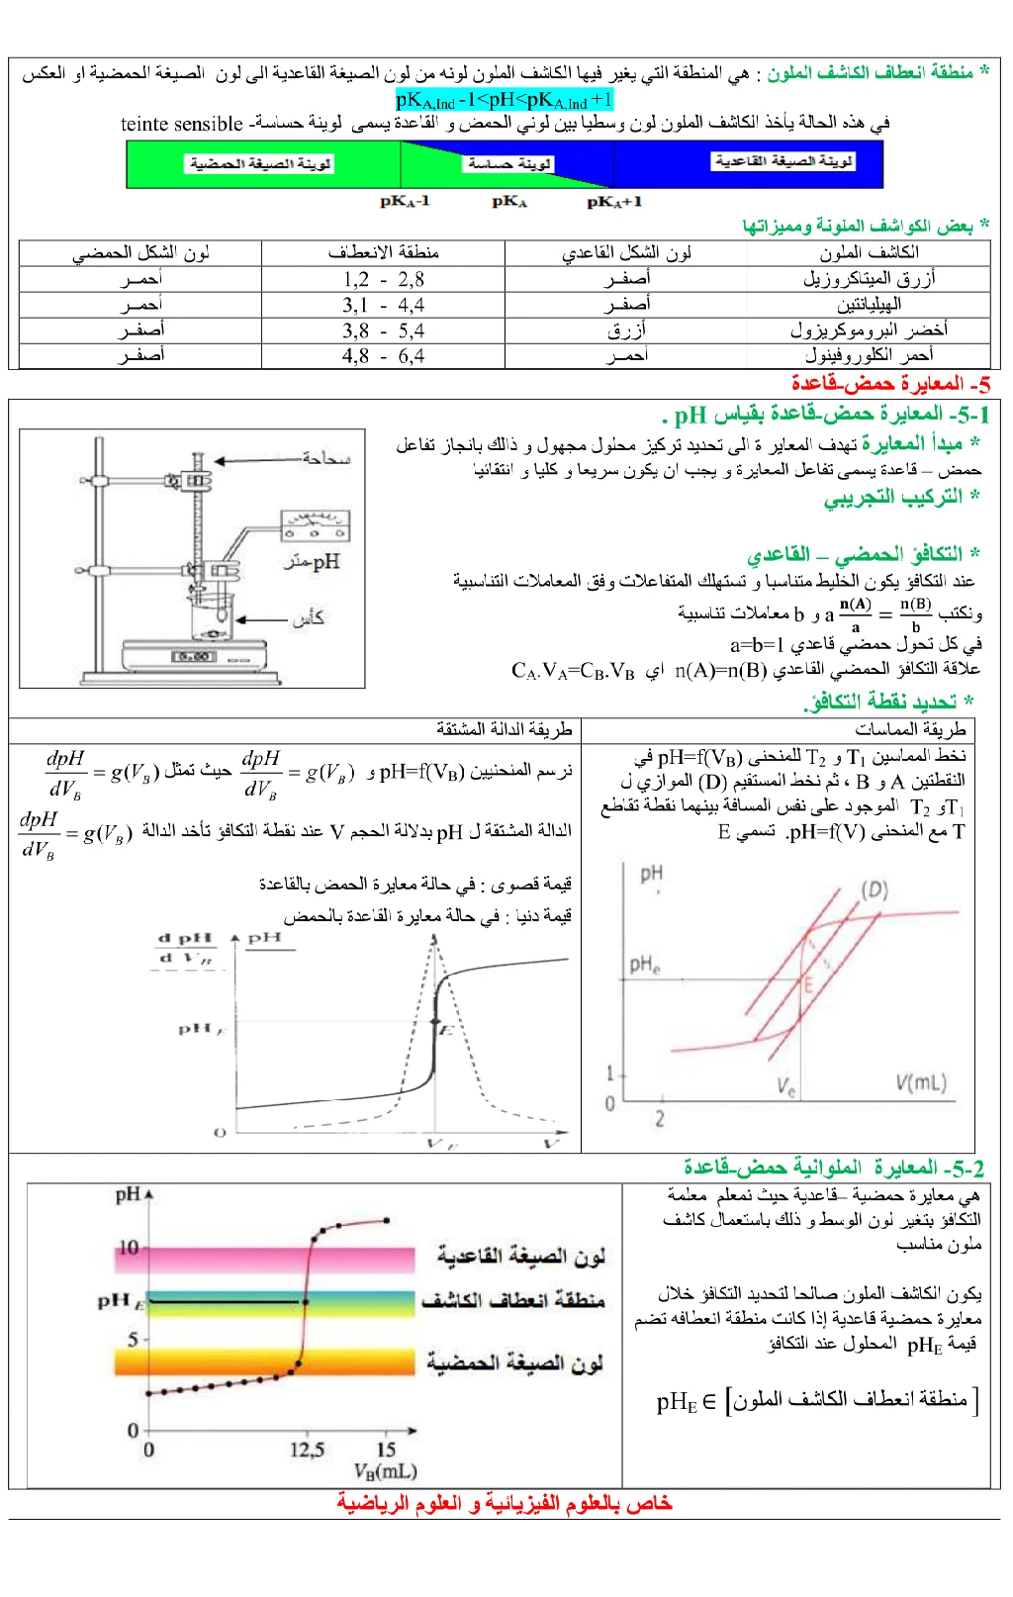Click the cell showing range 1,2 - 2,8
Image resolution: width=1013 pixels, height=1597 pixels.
coord(384,280)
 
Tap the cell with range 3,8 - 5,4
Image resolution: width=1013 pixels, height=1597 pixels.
coord(384,330)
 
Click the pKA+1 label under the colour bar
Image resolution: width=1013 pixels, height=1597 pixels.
coord(614,202)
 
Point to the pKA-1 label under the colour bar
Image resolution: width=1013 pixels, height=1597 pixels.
coord(405,202)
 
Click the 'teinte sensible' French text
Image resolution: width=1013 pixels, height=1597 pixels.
coord(181,124)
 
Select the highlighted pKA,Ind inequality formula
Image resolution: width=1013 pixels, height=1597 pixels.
coord(505,100)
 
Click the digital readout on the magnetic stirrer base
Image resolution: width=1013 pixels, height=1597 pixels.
coord(193,656)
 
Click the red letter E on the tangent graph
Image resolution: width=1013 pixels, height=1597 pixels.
coord(807,985)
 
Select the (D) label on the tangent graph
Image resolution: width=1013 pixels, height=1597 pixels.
coord(874,889)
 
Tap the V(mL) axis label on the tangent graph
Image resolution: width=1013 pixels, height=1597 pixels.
coord(921,1082)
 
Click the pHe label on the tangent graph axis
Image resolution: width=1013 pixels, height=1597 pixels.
coord(644,965)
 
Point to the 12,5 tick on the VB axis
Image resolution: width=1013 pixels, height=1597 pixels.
coord(307,1450)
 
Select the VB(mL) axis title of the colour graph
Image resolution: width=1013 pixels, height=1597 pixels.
coord(385,1471)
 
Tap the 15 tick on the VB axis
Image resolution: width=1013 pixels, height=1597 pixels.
coord(386,1450)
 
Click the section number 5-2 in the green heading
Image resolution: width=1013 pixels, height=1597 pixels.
coord(965,1169)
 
